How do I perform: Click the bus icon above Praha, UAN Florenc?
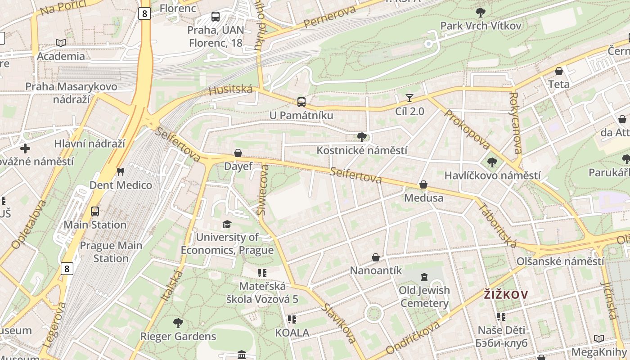(x=216, y=17)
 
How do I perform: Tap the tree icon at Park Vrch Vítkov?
(x=480, y=12)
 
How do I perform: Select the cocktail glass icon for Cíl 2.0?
(x=409, y=98)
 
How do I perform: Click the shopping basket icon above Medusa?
(x=423, y=184)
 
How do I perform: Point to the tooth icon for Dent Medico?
(x=120, y=171)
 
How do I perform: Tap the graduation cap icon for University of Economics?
(x=227, y=224)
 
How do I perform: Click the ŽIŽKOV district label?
(x=506, y=295)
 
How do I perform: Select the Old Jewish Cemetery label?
(x=424, y=297)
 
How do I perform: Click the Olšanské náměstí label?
(x=560, y=261)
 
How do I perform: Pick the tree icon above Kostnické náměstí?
(x=361, y=137)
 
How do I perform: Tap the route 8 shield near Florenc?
(x=144, y=13)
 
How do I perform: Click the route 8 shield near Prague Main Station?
(x=67, y=269)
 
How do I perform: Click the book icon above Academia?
(x=61, y=43)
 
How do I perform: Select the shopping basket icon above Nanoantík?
(x=376, y=257)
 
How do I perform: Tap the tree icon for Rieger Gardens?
(x=178, y=323)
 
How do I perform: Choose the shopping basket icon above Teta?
(x=558, y=71)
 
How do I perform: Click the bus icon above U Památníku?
(x=301, y=102)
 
